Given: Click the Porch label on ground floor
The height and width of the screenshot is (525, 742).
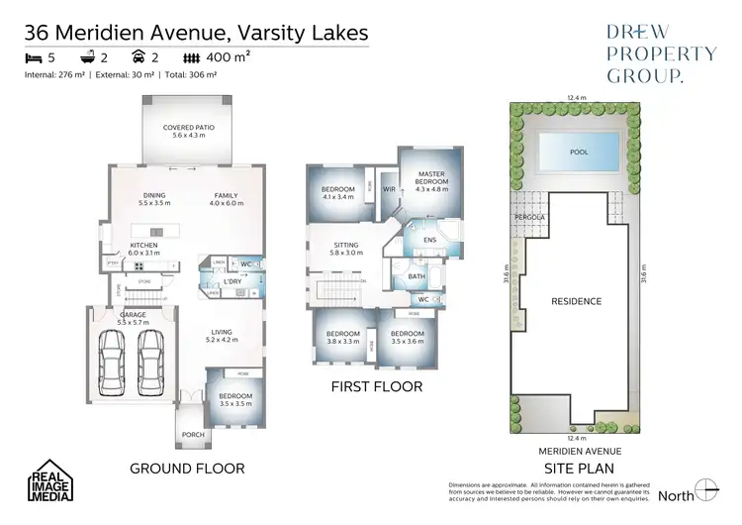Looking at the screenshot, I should coord(193,435).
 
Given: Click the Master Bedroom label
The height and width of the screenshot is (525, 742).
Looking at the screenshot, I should coord(429,178).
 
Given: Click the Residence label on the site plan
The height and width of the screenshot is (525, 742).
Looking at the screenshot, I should coord(577,301).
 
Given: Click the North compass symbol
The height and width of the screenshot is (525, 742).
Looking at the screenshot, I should coord(705,490).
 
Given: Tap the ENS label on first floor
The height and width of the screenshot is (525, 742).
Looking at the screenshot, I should coord(429,239).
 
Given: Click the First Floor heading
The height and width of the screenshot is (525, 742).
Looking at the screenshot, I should coord(376,387).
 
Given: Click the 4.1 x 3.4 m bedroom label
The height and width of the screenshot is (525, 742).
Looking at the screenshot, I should coord(337,192).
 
